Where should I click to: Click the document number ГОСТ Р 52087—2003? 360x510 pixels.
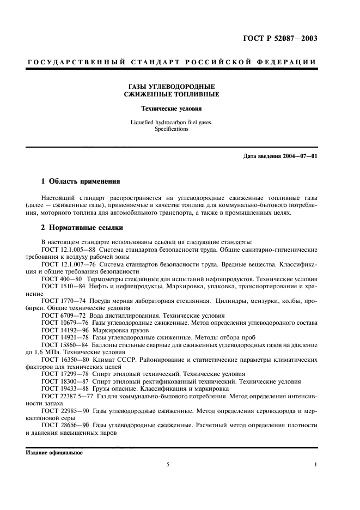pos(279,38)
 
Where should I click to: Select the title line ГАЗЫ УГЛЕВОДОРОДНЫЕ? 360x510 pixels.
pos(171,86)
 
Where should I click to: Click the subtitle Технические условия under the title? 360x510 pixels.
pos(171,108)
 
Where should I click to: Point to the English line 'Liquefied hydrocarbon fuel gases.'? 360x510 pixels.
pos(171,122)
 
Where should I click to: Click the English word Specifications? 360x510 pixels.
pos(171,129)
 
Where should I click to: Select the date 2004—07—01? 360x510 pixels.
pos(299,157)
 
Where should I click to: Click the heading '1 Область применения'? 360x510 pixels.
pos(81,180)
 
